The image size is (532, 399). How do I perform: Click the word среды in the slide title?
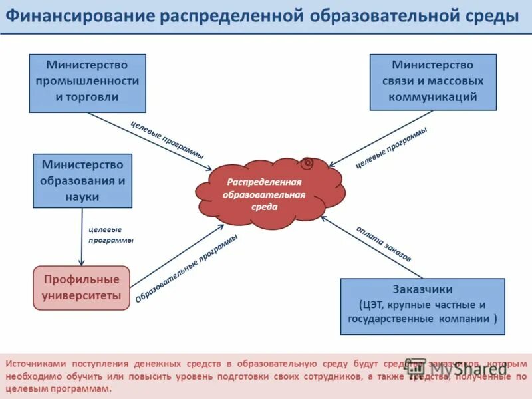(493, 16)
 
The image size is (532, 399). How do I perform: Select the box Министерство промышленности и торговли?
(87, 82)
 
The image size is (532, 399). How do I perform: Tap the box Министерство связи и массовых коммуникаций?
(433, 82)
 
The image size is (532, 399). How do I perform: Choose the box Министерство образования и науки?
(82, 180)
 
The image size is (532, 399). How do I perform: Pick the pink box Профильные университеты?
(82, 287)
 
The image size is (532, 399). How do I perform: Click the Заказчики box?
(422, 306)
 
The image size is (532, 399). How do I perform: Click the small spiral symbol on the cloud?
(308, 162)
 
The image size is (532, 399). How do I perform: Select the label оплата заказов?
(384, 243)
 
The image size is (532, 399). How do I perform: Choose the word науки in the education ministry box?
(82, 197)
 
